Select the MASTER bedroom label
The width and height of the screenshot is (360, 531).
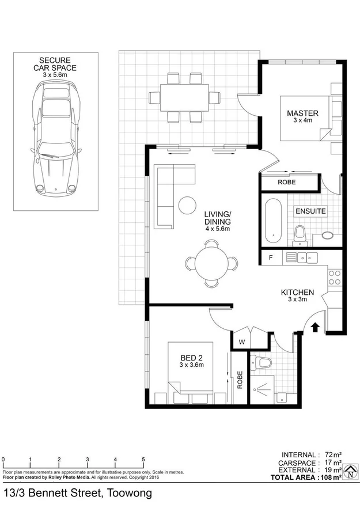click(x=302, y=116)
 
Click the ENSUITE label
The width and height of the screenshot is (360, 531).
click(x=310, y=211)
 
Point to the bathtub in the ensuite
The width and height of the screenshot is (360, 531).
click(x=273, y=221)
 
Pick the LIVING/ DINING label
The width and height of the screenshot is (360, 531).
click(x=218, y=221)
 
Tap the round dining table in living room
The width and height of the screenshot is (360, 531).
click(x=211, y=263)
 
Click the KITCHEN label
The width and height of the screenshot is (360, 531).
click(x=297, y=296)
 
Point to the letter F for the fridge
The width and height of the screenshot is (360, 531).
click(x=271, y=257)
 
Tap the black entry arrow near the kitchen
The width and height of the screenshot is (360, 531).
click(x=315, y=328)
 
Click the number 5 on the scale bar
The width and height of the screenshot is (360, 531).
click(x=143, y=459)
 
